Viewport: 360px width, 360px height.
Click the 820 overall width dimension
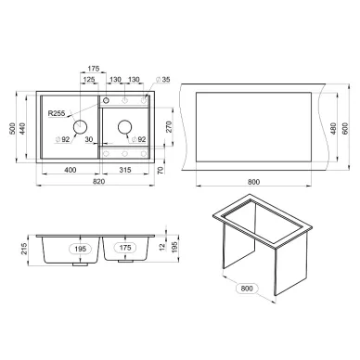(98, 182)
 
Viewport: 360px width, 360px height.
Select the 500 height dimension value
(12, 129)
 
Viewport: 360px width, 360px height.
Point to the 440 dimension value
(22, 129)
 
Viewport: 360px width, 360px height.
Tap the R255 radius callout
(57, 113)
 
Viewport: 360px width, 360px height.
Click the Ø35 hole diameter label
(163, 80)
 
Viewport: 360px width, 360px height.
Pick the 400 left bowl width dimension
(71, 170)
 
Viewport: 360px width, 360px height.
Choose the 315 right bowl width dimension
(125, 170)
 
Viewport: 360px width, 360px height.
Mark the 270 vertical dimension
(169, 127)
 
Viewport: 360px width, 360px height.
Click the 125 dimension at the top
(89, 80)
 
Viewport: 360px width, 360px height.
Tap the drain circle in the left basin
(80, 126)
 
